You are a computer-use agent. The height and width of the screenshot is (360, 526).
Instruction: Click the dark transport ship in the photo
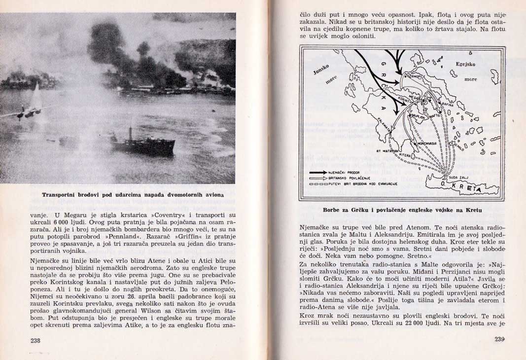tap(143, 145)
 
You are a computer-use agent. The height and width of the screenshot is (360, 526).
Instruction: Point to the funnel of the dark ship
tap(130, 134)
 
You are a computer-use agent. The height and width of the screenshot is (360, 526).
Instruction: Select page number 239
tap(500, 339)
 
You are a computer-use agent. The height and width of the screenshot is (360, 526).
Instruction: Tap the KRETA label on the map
tap(465, 188)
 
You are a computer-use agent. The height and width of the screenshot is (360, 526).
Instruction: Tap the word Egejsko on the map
tap(465, 64)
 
